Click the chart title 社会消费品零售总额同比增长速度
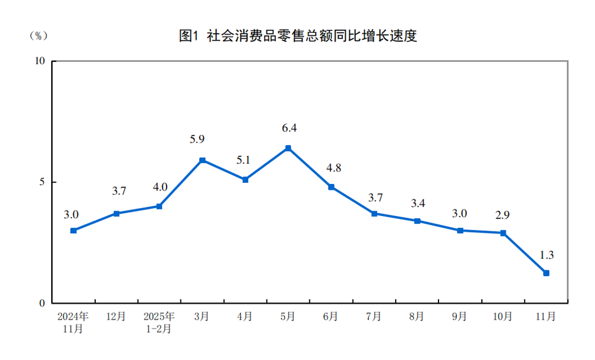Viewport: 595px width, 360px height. click(x=297, y=36)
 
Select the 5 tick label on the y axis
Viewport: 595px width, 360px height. click(x=42, y=182)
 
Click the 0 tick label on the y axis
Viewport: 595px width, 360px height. click(x=42, y=303)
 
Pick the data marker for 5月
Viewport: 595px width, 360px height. click(x=288, y=148)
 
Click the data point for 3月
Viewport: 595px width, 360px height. click(x=202, y=160)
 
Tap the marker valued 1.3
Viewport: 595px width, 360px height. click(x=546, y=273)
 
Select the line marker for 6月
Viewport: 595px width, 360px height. click(x=331, y=187)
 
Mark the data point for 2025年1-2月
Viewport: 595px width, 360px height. click(x=159, y=206)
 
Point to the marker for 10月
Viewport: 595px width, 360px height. click(x=503, y=233)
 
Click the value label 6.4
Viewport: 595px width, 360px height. click(x=289, y=128)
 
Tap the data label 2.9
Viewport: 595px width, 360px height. click(x=503, y=213)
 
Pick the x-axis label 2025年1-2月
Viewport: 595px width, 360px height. click(x=159, y=322)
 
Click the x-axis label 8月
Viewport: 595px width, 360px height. click(x=416, y=317)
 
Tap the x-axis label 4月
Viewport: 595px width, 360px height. click(x=245, y=317)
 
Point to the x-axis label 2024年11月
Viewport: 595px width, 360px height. click(x=73, y=322)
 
